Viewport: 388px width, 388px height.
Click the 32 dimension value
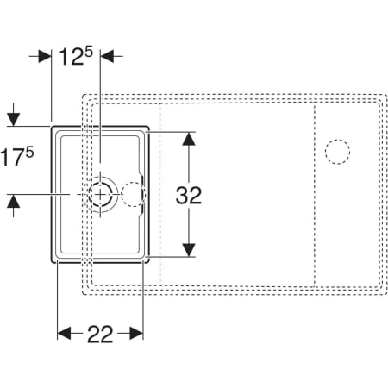[x=189, y=196]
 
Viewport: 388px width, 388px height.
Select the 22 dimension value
[x=100, y=334]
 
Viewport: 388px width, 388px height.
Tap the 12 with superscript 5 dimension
[x=76, y=56]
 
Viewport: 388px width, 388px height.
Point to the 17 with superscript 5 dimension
[x=16, y=156]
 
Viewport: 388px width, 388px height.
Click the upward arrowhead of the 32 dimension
[x=189, y=139]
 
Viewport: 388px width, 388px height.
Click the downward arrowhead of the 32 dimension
[x=189, y=249]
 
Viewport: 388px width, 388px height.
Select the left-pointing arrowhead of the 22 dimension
[x=64, y=333]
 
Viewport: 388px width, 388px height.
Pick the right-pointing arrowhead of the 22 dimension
[x=136, y=333]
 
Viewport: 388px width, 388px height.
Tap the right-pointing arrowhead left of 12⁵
[x=45, y=56]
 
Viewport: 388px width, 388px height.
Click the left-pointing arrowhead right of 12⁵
[x=107, y=56]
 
